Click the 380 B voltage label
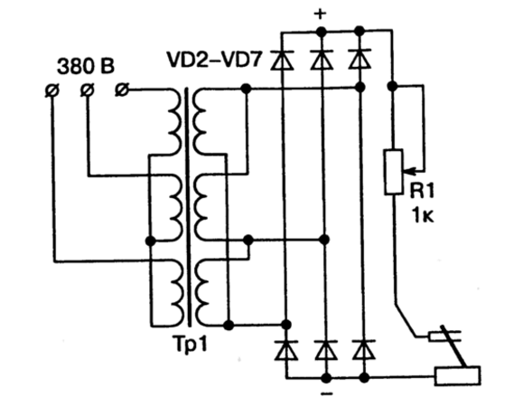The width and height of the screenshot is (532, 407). [x=86, y=66]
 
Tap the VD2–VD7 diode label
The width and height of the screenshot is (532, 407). [x=215, y=60]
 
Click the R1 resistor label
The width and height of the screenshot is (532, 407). [x=422, y=191]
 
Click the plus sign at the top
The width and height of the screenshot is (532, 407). [x=320, y=14]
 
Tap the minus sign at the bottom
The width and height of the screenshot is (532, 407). [x=326, y=394]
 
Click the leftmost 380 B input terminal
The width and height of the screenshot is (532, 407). [x=51, y=90]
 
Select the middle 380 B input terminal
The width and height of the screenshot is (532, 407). [x=88, y=90]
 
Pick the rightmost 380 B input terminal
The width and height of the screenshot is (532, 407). [x=122, y=90]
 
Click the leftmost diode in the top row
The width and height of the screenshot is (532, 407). [x=283, y=60]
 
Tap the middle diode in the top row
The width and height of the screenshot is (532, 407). [x=322, y=60]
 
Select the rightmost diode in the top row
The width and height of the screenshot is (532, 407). [x=359, y=60]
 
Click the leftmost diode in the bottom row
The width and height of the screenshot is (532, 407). [x=286, y=350]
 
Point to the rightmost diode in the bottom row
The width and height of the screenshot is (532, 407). [x=363, y=349]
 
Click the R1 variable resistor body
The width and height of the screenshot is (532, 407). [x=394, y=172]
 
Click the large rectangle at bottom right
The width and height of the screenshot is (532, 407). [x=458, y=375]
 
